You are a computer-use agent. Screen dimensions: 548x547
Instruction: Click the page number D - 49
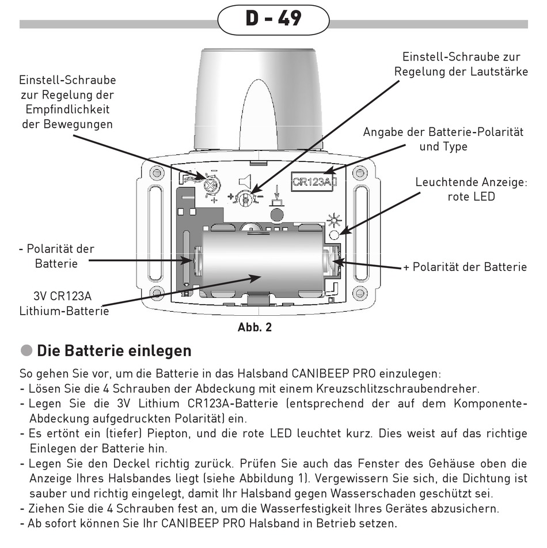(273, 18)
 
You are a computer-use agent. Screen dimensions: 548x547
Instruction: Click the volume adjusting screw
(246, 198)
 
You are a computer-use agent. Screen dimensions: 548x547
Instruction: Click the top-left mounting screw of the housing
(154, 172)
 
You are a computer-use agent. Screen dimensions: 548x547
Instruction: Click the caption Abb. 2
(254, 327)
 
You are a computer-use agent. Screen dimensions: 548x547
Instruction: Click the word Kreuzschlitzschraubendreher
(401, 389)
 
